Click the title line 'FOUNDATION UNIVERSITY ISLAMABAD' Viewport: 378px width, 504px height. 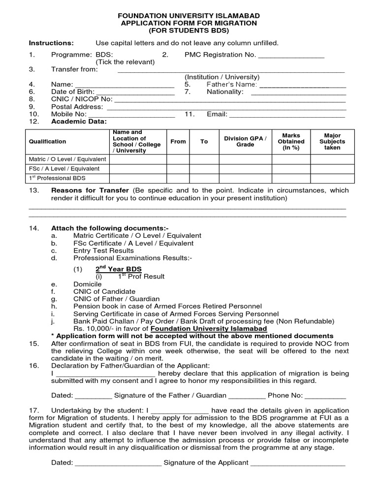[x=189, y=15]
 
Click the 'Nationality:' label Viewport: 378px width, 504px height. [x=225, y=92]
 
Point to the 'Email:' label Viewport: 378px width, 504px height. [x=217, y=114]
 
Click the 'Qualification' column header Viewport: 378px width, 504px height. [x=47, y=142]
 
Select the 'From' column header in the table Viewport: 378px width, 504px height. [x=178, y=142]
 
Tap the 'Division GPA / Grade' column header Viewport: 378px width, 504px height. [x=245, y=142]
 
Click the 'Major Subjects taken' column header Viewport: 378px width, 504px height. [x=332, y=142]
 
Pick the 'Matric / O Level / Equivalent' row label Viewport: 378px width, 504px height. [x=67, y=159]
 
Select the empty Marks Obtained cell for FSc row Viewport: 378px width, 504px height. [x=291, y=169]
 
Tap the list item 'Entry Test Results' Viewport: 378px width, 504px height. [x=103, y=251]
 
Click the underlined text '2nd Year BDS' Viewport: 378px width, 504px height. [x=118, y=269]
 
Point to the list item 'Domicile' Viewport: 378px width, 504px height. [x=87, y=284]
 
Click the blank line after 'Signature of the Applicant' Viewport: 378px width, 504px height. [x=298, y=463]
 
